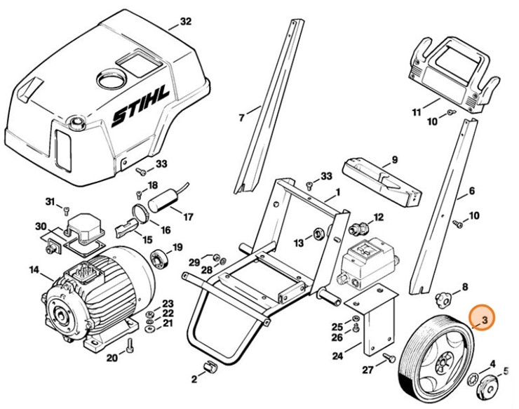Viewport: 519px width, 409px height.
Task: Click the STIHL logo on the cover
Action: tap(140, 113)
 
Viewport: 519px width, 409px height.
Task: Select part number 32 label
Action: tap(185, 22)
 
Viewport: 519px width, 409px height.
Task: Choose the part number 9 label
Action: tap(394, 160)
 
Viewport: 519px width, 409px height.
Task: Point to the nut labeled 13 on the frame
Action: tap(317, 233)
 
